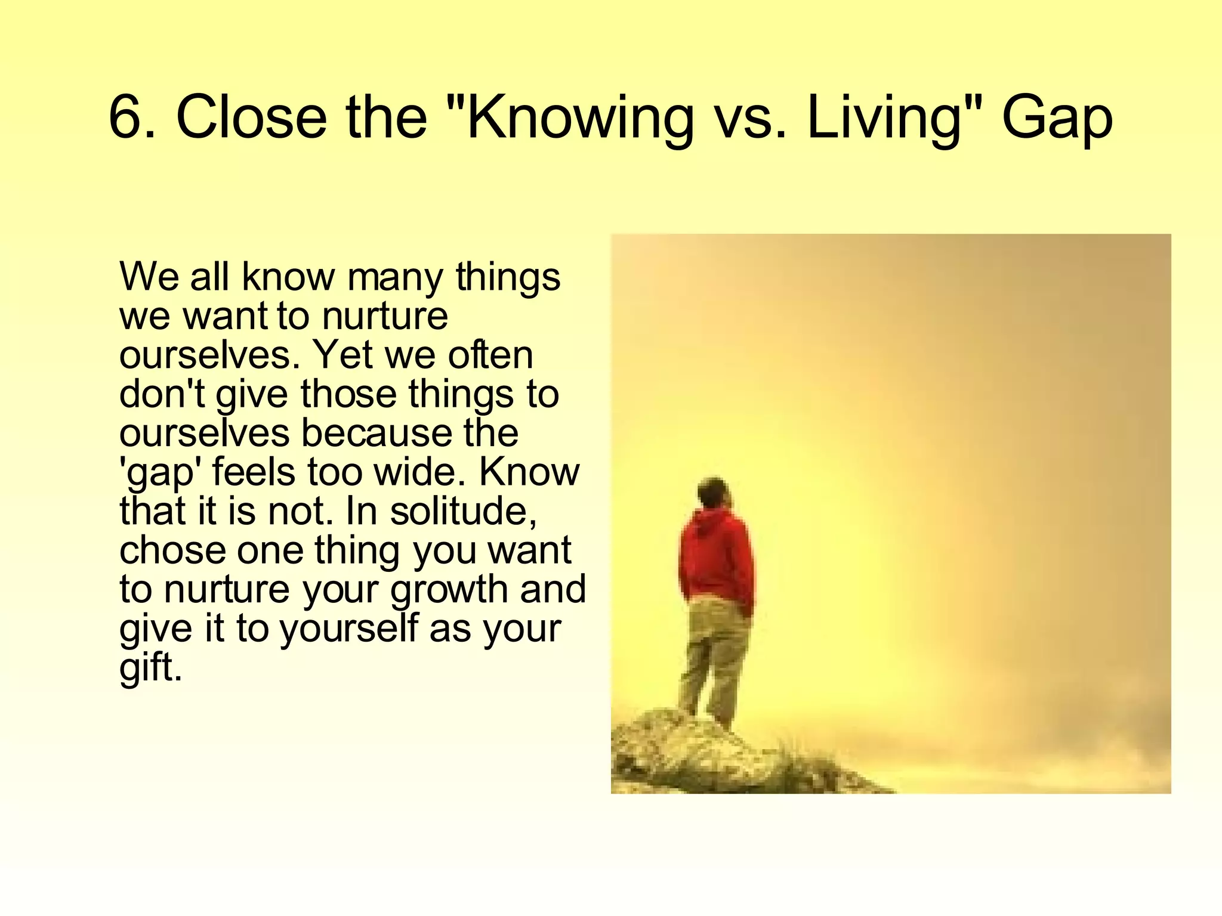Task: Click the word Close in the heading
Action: (x=251, y=117)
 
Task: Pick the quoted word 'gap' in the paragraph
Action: (x=161, y=473)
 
